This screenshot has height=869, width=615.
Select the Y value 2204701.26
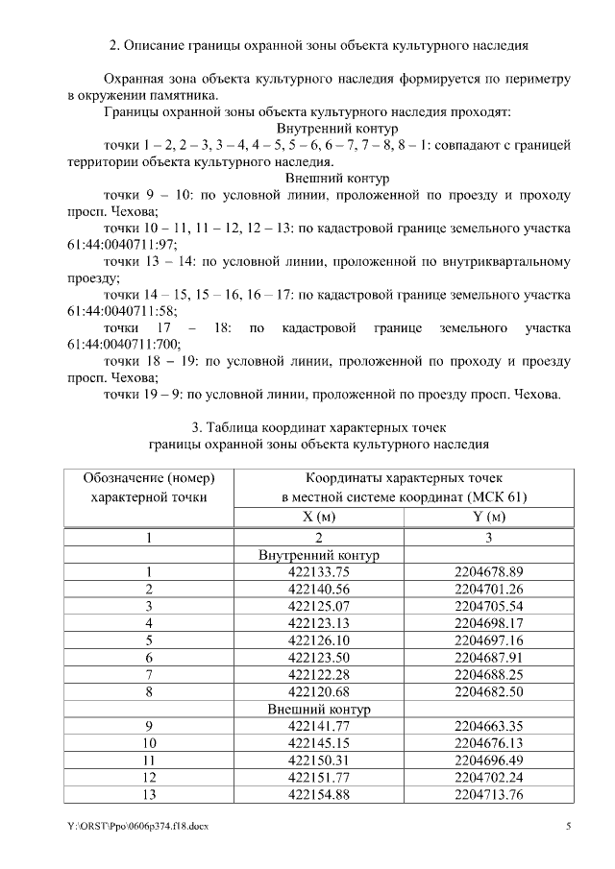[488, 589]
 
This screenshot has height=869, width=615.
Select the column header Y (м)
[488, 518]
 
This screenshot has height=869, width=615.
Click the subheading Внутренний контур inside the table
[319, 555]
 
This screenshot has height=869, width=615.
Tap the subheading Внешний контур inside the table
[319, 709]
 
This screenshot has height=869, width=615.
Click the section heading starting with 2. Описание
[318, 44]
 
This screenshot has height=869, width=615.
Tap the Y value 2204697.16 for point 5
[488, 640]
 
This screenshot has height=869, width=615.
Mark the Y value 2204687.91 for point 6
[488, 657]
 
